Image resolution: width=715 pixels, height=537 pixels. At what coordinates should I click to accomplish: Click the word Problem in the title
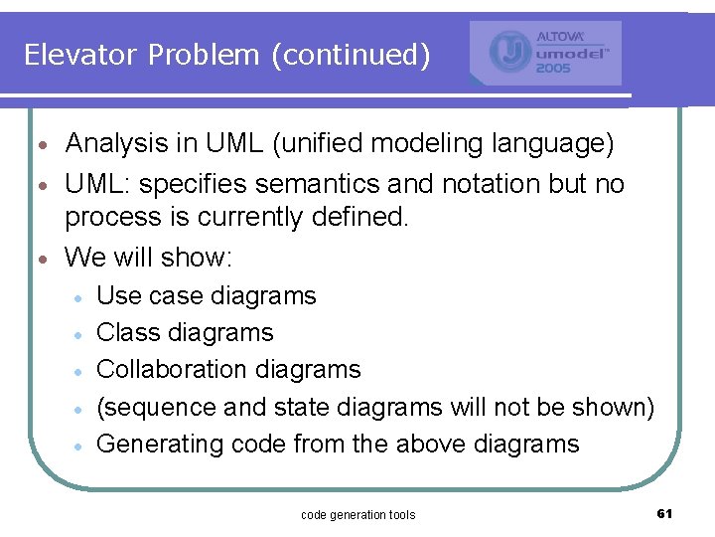point(205,55)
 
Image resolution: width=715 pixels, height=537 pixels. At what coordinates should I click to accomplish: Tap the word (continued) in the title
point(351,55)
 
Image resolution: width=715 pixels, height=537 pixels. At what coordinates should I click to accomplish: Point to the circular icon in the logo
point(510,53)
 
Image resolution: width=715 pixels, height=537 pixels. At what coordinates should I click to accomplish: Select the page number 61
point(664,513)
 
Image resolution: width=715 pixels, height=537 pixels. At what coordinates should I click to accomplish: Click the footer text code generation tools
point(357,514)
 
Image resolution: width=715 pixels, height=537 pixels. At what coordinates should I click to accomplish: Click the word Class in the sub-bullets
point(125,332)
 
